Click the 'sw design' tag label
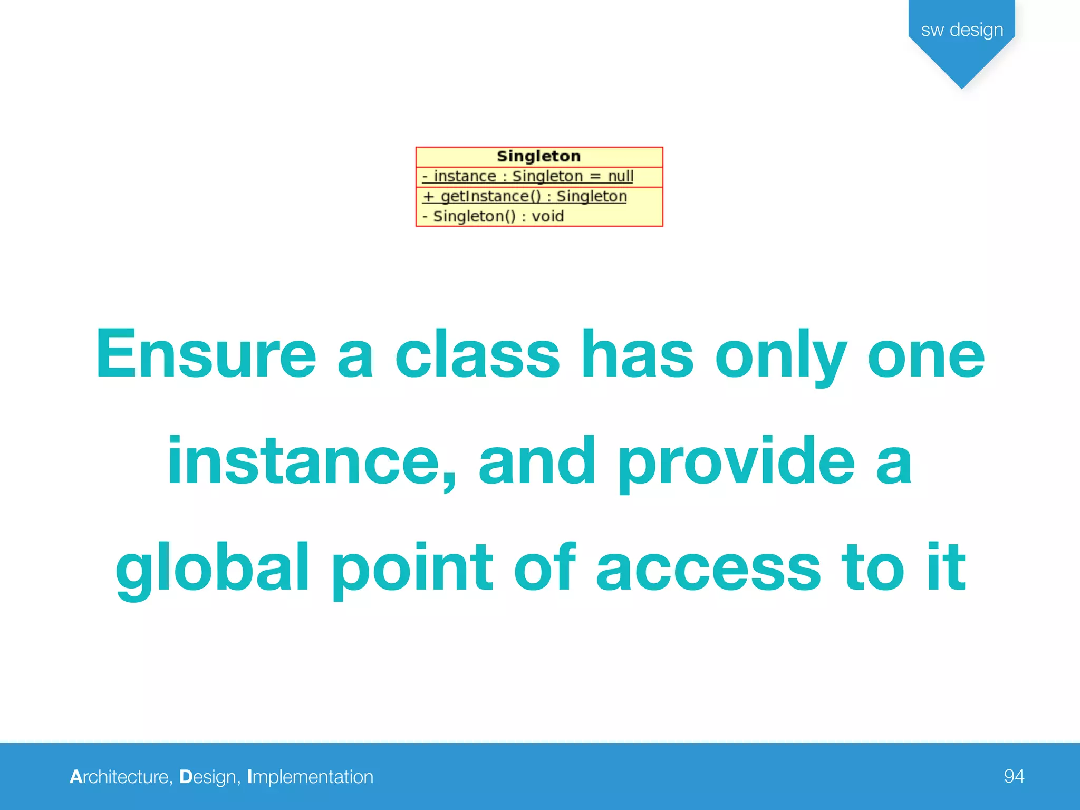962,30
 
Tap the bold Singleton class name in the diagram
538,156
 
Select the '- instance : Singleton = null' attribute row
527,176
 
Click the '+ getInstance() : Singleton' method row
525,196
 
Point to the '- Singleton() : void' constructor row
493,216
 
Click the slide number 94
1014,776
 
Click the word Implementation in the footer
310,777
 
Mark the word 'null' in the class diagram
620,176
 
